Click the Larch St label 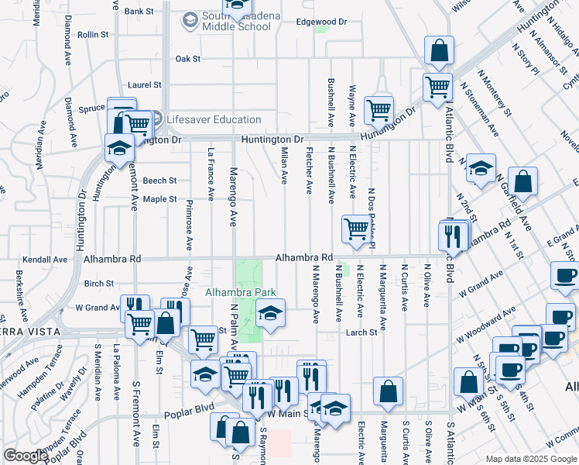361,332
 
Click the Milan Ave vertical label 284,166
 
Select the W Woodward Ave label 485,326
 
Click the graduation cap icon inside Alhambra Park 270,313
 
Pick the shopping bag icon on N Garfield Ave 523,183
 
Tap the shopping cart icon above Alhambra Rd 355,228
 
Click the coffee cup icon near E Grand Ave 564,276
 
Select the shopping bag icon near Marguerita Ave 388,391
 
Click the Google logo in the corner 26,455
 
